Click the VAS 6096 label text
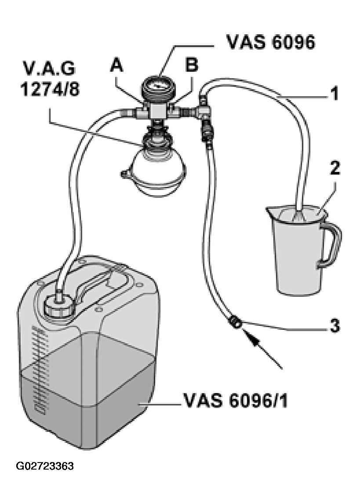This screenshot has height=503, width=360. coord(271,42)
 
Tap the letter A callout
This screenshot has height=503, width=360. coord(116,66)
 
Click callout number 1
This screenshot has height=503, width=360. coord(334,94)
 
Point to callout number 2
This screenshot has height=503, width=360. coord(335,168)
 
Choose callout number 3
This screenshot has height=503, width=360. coord(335,326)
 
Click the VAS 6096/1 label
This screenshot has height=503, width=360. coord(235,401)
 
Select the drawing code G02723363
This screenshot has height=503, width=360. coord(45,466)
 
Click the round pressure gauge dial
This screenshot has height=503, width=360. coord(157,86)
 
